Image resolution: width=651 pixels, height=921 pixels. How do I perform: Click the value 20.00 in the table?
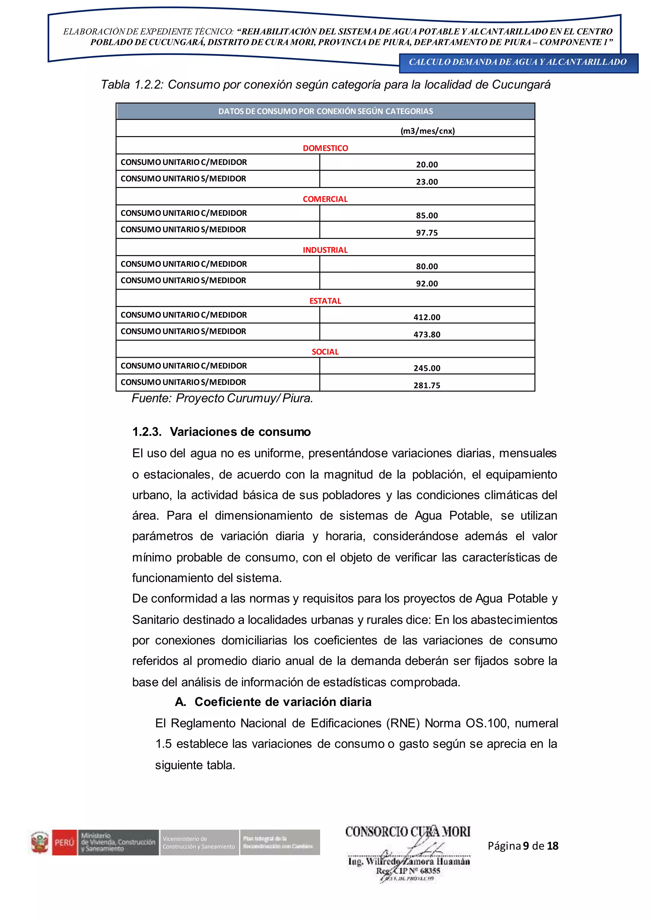click(427, 164)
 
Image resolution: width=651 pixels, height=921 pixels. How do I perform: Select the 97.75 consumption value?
click(427, 233)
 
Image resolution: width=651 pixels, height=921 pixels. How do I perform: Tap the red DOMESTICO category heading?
click(325, 148)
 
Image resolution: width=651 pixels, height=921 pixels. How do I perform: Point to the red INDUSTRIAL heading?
click(325, 250)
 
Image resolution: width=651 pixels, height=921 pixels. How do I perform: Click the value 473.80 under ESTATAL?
click(427, 335)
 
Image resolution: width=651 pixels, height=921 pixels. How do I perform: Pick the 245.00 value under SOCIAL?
click(427, 368)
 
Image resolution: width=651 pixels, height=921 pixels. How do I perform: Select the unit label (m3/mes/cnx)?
click(427, 131)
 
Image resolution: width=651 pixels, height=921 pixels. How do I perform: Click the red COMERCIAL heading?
click(325, 199)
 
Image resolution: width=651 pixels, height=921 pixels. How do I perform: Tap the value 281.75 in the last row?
click(427, 385)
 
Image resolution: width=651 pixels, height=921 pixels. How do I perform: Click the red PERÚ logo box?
click(64, 842)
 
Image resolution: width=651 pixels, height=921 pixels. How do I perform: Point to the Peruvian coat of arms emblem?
click(40, 842)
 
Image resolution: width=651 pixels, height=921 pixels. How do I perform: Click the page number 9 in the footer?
click(525, 846)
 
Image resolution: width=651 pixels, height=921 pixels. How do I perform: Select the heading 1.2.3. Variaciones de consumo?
click(221, 432)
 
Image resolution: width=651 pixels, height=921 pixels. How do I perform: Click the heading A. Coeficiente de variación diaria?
click(273, 702)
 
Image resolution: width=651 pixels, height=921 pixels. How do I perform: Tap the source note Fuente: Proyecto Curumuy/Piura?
click(222, 398)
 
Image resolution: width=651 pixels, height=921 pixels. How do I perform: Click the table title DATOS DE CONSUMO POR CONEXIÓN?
click(325, 111)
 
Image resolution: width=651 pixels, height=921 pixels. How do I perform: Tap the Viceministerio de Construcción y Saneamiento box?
click(199, 842)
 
